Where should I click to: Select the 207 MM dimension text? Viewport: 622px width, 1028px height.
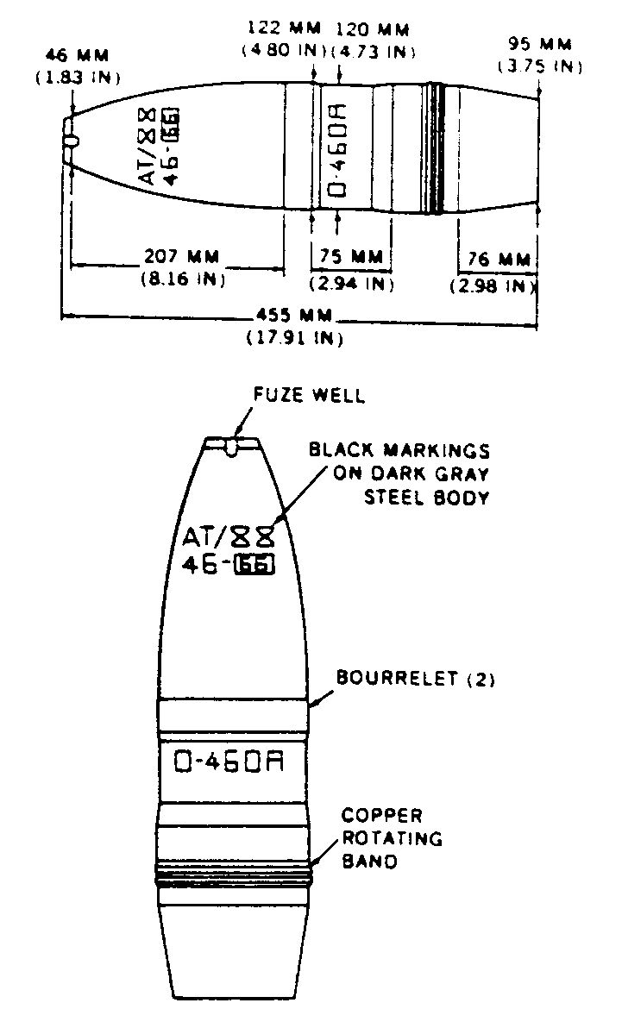coord(182,255)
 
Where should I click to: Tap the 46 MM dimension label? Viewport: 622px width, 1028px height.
coord(77,55)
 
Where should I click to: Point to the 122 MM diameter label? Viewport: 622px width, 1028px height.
coord(285,28)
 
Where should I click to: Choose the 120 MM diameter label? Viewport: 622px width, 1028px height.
coord(372,29)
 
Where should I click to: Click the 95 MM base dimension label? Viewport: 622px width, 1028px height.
coord(540,45)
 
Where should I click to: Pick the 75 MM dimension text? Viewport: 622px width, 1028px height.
coord(351,256)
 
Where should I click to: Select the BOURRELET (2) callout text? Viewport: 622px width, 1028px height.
coord(415,678)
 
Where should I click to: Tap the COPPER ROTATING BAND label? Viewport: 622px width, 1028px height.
coord(392,838)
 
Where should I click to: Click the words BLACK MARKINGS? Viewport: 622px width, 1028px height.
coord(399,451)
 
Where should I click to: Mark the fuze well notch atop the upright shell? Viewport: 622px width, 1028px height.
coord(231,448)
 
